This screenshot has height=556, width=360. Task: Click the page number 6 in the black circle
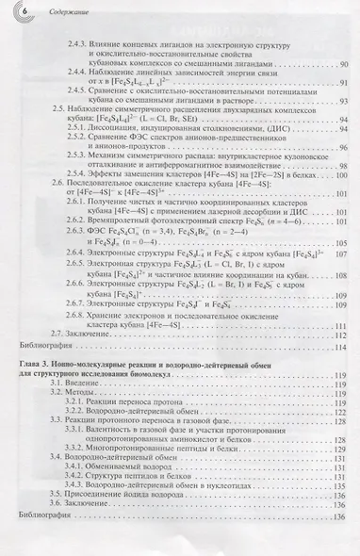25,10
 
